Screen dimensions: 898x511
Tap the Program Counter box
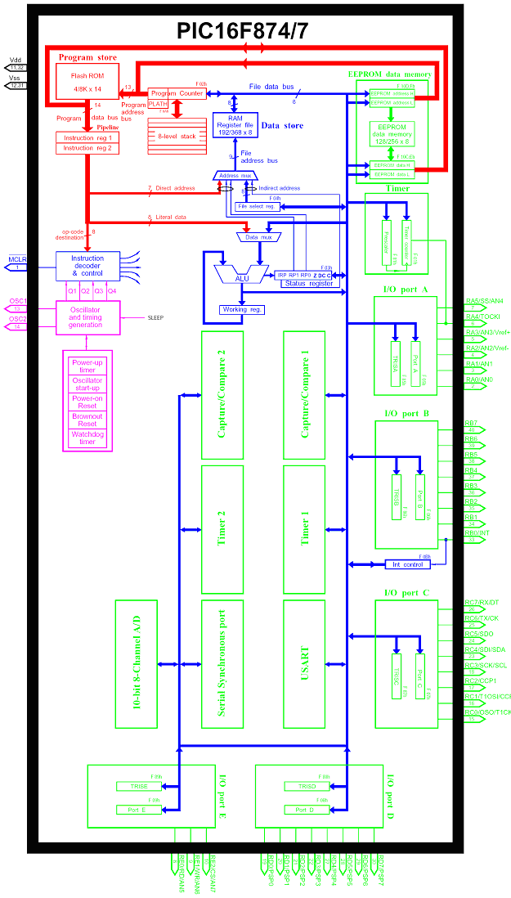click(177, 93)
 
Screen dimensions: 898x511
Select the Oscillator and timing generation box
click(87, 317)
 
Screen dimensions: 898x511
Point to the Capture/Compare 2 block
click(222, 393)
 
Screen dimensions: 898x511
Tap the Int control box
click(407, 564)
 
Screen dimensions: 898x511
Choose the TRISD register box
click(296, 786)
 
